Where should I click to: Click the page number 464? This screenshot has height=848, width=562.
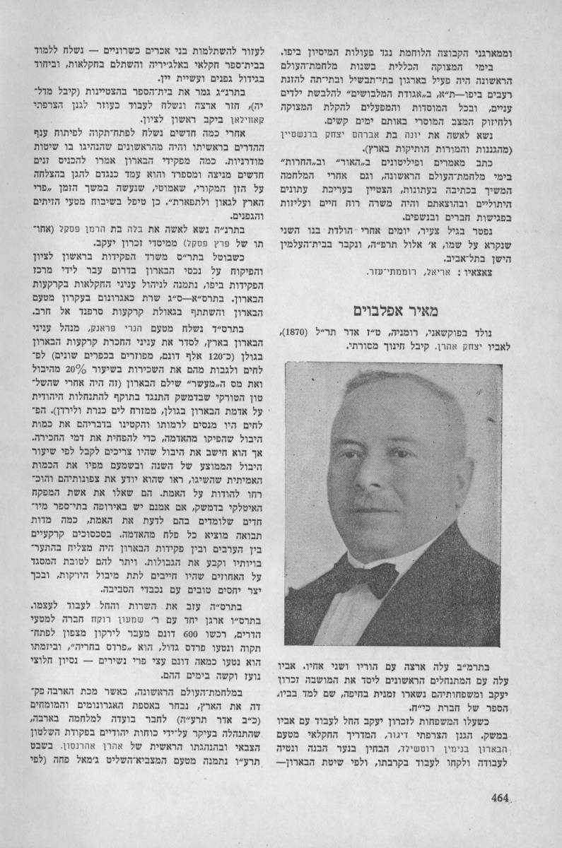[500, 798]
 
